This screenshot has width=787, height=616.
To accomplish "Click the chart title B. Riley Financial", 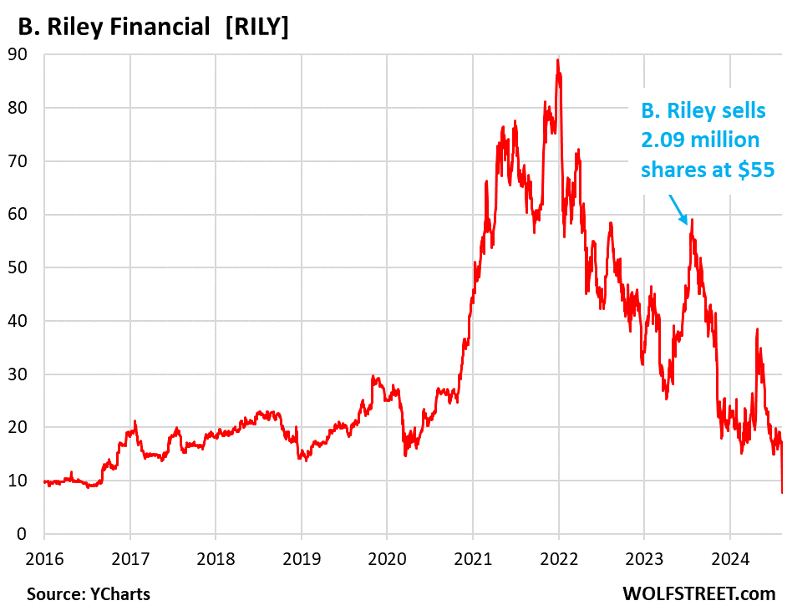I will tap(114, 27).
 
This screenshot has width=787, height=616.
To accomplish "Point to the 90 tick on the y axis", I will tap(28, 54).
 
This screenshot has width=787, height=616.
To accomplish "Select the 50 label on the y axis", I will tap(28, 267).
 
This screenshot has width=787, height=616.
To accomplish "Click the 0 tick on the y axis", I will tap(33, 534).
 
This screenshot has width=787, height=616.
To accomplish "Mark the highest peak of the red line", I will tap(557, 60).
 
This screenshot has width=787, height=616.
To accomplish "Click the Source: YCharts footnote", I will tap(89, 594).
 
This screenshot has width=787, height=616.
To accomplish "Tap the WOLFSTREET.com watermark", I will tap(698, 594).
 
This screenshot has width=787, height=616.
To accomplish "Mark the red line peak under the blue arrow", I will tap(692, 221).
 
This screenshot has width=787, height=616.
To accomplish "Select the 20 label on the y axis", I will tap(28, 427).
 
